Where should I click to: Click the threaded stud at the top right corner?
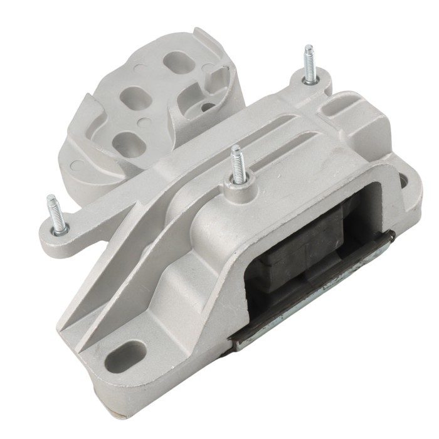tap(309, 64)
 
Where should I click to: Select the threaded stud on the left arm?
tap(56, 215)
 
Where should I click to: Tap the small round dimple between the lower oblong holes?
tap(145, 123)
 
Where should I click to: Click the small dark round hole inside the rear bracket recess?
tap(206, 107)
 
